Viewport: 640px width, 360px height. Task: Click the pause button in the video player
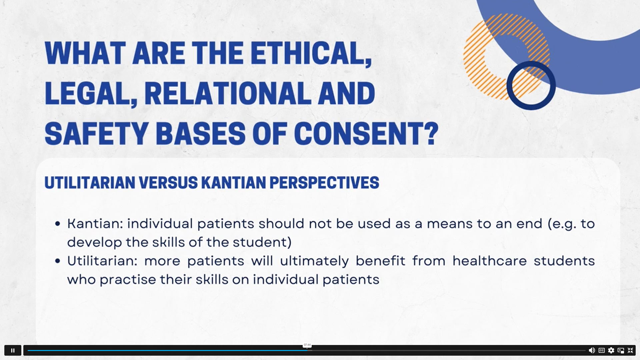click(x=13, y=350)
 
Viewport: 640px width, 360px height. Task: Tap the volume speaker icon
click(x=592, y=350)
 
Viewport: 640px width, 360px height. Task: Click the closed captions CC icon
click(x=602, y=350)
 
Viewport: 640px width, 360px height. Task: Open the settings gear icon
click(x=611, y=350)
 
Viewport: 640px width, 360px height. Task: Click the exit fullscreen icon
click(x=630, y=350)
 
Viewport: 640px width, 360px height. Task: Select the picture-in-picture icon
click(x=621, y=350)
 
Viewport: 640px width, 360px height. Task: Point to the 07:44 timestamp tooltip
click(x=307, y=345)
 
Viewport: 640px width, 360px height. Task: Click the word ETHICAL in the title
click(x=311, y=53)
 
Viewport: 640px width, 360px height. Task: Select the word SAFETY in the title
click(x=97, y=133)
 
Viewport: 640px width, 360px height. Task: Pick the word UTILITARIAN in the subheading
click(x=90, y=183)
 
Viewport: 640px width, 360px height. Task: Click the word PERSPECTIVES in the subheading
click(x=324, y=183)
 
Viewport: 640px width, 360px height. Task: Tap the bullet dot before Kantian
click(x=58, y=224)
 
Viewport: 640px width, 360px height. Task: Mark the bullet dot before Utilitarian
click(x=58, y=261)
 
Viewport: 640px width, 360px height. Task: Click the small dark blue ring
click(x=531, y=85)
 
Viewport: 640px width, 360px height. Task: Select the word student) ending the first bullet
click(x=262, y=242)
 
